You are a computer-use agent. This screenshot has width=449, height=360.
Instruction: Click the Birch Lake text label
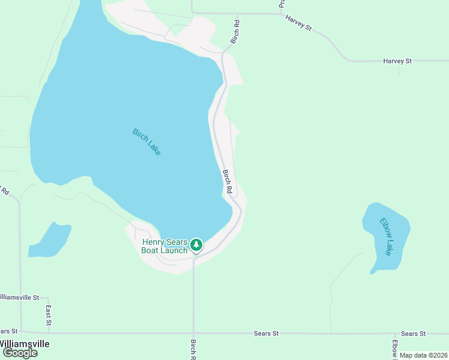coord(146,142)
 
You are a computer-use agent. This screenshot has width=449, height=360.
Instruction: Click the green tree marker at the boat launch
coord(196,245)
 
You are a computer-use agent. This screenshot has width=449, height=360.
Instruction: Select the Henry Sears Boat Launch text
coord(164,246)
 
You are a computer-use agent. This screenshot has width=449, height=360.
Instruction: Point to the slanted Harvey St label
coord(299,23)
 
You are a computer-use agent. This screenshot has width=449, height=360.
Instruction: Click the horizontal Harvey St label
coord(397,61)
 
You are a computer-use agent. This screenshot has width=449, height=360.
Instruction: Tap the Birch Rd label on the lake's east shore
coord(228,181)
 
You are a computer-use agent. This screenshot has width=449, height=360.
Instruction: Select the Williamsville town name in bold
coord(24,344)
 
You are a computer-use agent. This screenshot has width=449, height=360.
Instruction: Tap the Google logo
coord(20,353)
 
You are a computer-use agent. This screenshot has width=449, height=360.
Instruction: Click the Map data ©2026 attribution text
coord(423,355)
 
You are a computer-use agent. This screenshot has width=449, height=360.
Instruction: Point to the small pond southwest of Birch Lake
coord(49,239)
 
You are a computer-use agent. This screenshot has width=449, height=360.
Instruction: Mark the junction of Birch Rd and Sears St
coord(193,332)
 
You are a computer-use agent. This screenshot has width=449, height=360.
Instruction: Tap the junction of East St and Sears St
coord(49,332)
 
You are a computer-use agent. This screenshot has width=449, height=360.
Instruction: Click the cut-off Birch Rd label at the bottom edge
coord(193,350)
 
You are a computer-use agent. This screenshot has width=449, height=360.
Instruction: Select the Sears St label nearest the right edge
coord(413,334)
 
